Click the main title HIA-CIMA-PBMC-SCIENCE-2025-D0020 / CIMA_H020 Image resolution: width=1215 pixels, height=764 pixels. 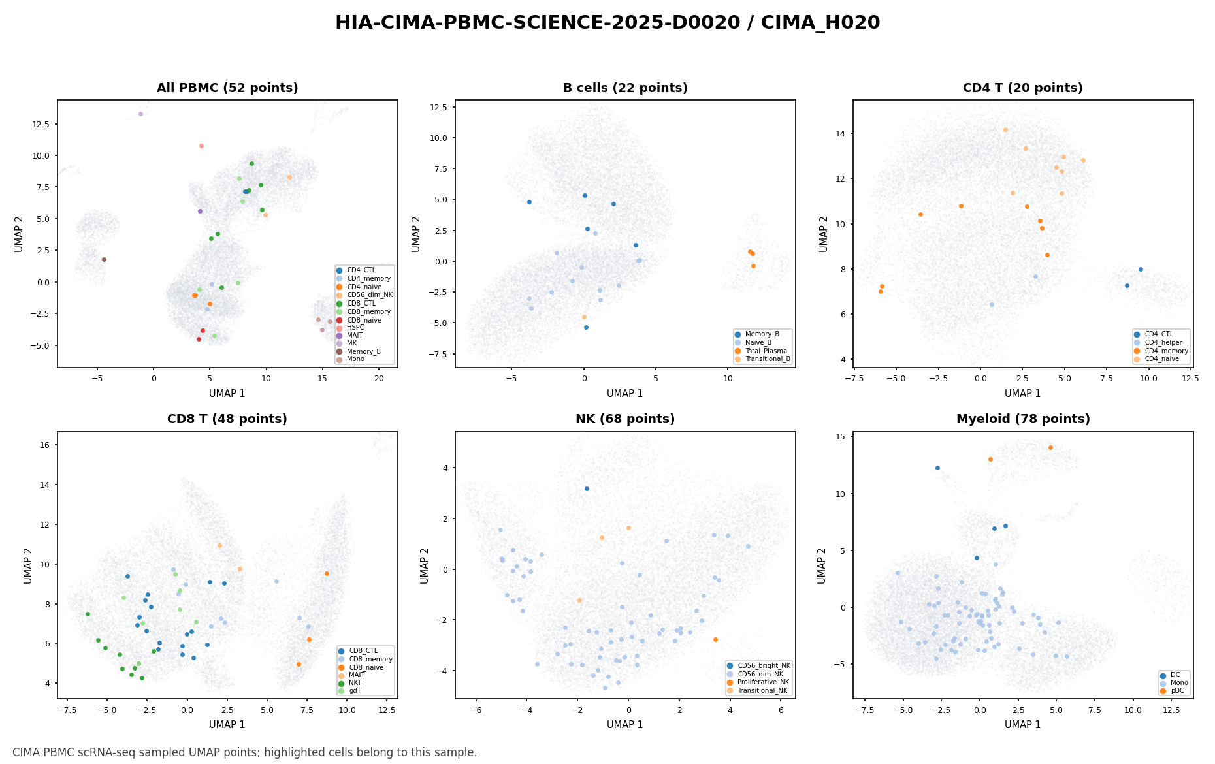point(607,23)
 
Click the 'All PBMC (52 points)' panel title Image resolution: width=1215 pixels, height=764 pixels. point(227,88)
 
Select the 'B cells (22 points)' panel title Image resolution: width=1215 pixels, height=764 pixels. point(625,88)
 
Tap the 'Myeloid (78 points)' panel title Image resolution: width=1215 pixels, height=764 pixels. point(1023,419)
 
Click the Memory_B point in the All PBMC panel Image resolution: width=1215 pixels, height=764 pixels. point(104,259)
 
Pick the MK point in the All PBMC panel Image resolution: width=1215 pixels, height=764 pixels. point(140,114)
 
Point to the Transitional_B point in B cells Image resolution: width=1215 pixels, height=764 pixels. point(584,317)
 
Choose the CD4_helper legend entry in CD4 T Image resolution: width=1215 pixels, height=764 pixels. point(1159,342)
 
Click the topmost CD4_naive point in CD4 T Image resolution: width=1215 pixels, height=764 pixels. point(1005,129)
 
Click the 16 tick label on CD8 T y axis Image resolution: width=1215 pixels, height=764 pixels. point(47,445)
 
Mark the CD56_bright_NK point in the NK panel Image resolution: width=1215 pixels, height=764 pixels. point(587,488)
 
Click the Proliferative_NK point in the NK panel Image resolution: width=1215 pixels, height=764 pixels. point(715,639)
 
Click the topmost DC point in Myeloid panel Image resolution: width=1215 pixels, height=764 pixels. point(937,468)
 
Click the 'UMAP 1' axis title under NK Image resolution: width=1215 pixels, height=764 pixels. point(625,725)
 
